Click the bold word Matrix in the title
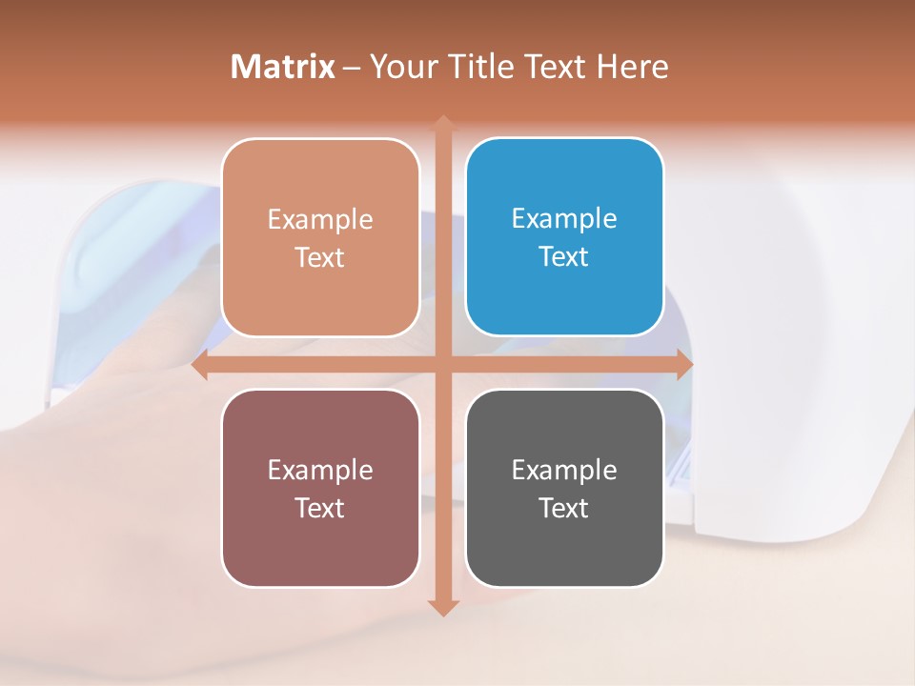click(283, 67)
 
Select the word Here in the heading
click(632, 67)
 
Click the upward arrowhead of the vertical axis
click(442, 124)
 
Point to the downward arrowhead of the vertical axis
click(442, 607)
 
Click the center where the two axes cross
click(442, 365)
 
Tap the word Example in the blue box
click(564, 218)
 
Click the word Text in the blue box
click(564, 256)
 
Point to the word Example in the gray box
click(564, 470)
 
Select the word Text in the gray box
click(564, 508)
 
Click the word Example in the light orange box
click(320, 219)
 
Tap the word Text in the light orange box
click(320, 257)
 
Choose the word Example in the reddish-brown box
click(320, 470)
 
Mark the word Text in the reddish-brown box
click(320, 508)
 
